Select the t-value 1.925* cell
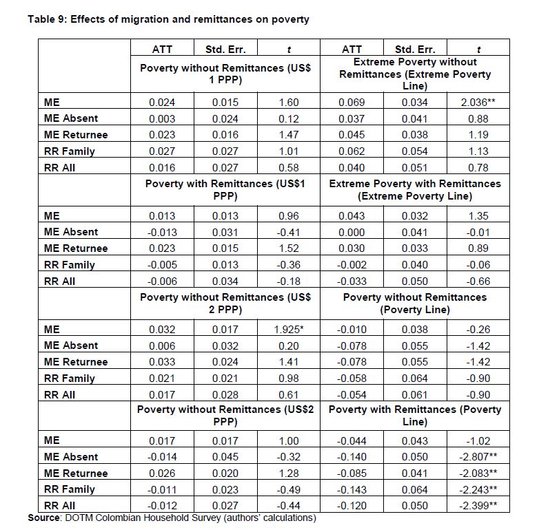pos(289,329)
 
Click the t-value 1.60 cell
pos(289,103)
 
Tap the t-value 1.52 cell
pos(289,248)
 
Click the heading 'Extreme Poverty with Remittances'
pos(415,184)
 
